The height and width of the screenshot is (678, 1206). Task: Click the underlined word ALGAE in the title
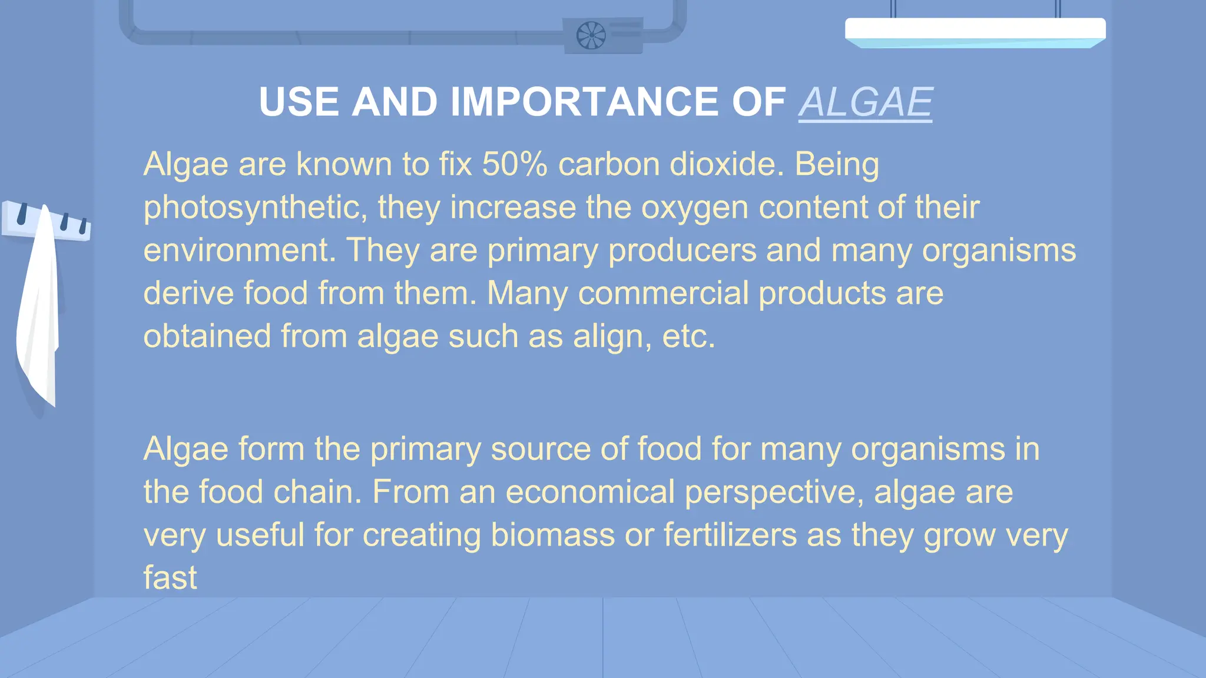click(865, 102)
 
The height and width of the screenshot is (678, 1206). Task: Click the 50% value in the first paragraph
click(515, 164)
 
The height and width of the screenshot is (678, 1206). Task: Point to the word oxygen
click(694, 208)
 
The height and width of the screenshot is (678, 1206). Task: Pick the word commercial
click(663, 293)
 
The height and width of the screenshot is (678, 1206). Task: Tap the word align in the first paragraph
click(612, 337)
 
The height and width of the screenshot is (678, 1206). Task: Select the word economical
click(589, 492)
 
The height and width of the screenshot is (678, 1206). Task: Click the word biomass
click(552, 535)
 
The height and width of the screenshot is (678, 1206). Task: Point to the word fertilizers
click(730, 535)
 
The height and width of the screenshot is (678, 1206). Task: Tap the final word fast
click(170, 578)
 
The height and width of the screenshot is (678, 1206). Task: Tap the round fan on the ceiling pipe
click(591, 35)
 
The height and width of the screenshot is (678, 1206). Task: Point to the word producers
click(682, 251)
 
